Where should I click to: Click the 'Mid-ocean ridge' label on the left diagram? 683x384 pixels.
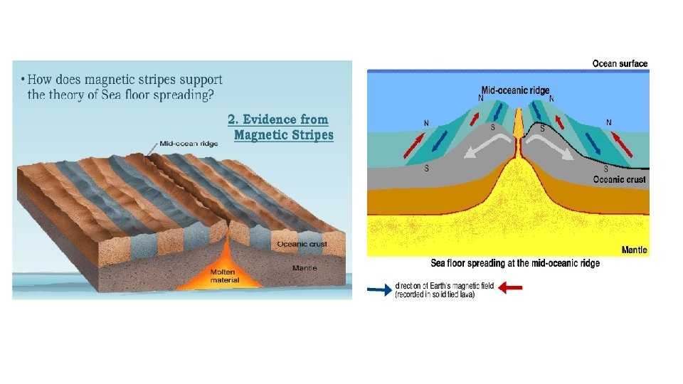click(189, 143)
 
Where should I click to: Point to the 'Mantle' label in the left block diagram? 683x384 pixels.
click(305, 268)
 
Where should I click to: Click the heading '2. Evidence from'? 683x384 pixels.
click(277, 119)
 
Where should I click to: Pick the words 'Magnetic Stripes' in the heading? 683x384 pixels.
click(283, 135)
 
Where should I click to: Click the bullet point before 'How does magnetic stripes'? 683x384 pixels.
click(22, 79)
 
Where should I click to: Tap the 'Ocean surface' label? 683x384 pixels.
click(620, 64)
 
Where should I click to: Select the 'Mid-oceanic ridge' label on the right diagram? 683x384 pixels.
click(515, 90)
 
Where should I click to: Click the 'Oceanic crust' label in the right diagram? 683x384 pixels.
click(619, 180)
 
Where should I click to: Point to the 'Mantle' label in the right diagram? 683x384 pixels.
click(634, 250)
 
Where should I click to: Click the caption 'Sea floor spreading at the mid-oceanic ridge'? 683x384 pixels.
click(515, 263)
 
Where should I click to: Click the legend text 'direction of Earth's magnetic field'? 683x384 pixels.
click(444, 287)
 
